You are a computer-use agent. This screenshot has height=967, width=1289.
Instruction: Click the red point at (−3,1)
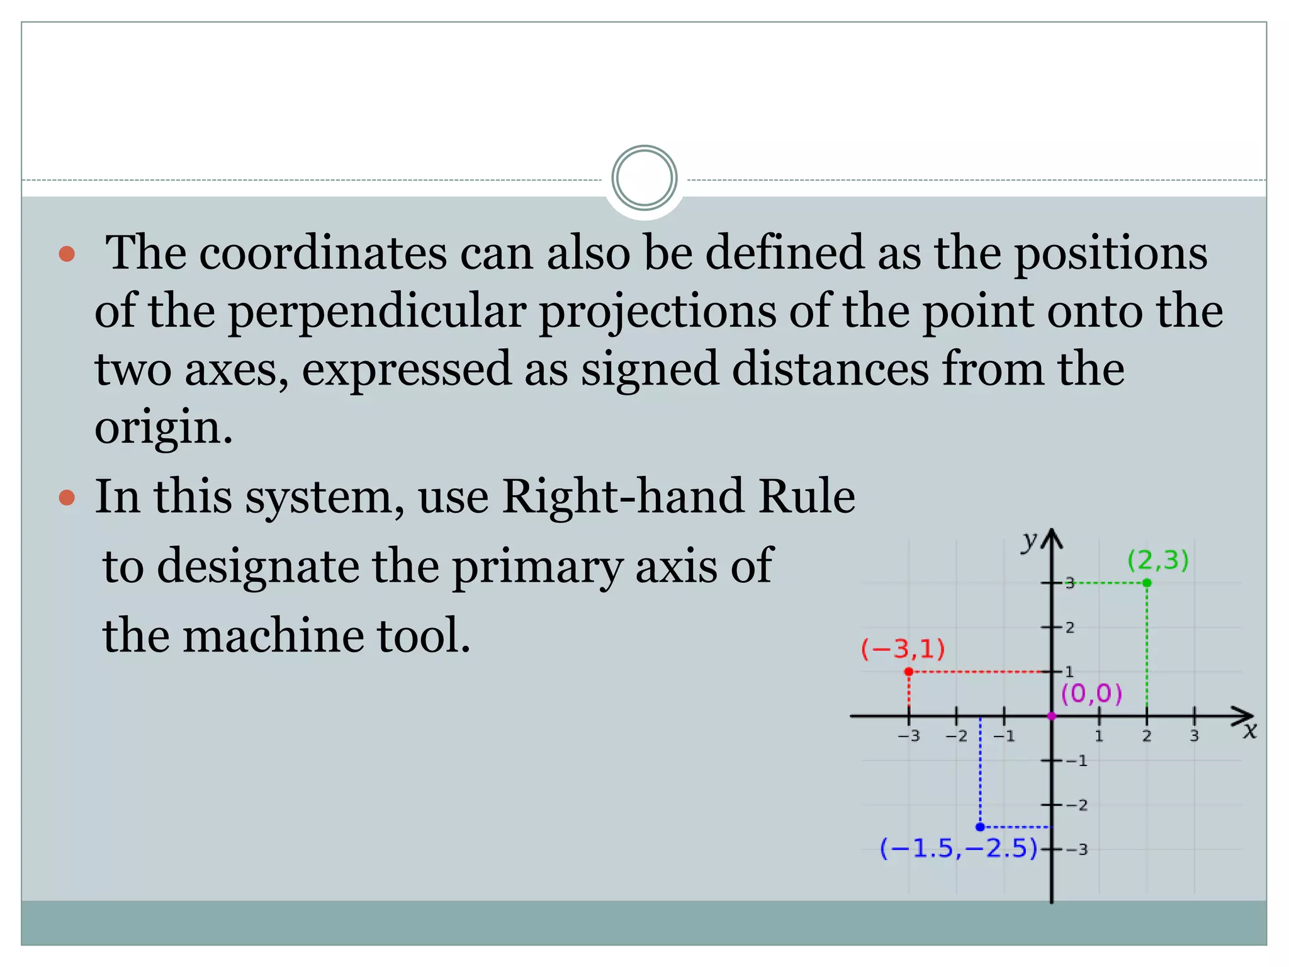(908, 672)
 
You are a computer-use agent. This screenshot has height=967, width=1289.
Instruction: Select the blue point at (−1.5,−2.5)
(980, 827)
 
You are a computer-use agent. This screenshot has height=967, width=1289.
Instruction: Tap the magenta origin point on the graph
(1051, 716)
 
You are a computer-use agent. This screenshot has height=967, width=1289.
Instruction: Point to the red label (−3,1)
(903, 648)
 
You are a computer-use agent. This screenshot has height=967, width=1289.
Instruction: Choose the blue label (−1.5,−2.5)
(958, 849)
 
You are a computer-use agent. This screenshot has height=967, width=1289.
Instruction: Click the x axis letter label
(1249, 731)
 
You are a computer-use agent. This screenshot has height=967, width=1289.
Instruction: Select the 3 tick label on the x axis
(1194, 736)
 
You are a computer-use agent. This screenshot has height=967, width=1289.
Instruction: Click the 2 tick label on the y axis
(1070, 628)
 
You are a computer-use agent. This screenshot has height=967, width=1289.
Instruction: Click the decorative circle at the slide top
(644, 178)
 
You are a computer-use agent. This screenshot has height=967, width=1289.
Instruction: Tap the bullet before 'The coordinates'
(67, 254)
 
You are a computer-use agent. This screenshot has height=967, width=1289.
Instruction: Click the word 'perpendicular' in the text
(376, 312)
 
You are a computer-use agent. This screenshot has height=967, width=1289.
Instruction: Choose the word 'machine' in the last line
(273, 635)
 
